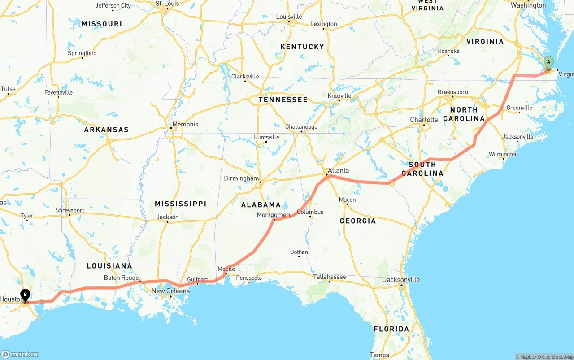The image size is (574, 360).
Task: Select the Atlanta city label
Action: [x=338, y=170]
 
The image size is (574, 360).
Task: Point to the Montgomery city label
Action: [x=274, y=215]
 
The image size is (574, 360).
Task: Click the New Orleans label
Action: [x=170, y=291]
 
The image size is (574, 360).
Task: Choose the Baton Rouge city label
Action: [x=121, y=278]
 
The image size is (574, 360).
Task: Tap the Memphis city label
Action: [x=185, y=124]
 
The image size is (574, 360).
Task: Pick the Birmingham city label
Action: [x=241, y=178]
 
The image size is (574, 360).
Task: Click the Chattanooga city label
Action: [x=301, y=127]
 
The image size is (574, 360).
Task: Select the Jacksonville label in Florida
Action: [x=402, y=280]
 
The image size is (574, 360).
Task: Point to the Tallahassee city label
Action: [x=330, y=277]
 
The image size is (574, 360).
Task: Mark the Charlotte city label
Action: [x=424, y=120]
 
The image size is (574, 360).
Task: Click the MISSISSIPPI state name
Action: [x=180, y=204]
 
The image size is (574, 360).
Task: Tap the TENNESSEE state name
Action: [x=283, y=100]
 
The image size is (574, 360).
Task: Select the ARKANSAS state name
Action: [x=106, y=130]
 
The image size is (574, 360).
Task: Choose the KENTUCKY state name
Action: [x=302, y=47]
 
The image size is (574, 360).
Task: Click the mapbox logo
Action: [x=20, y=354]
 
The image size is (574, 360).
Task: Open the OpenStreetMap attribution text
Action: [x=557, y=357]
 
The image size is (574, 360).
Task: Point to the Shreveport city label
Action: [x=70, y=210]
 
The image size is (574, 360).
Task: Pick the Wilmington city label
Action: [x=503, y=154]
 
